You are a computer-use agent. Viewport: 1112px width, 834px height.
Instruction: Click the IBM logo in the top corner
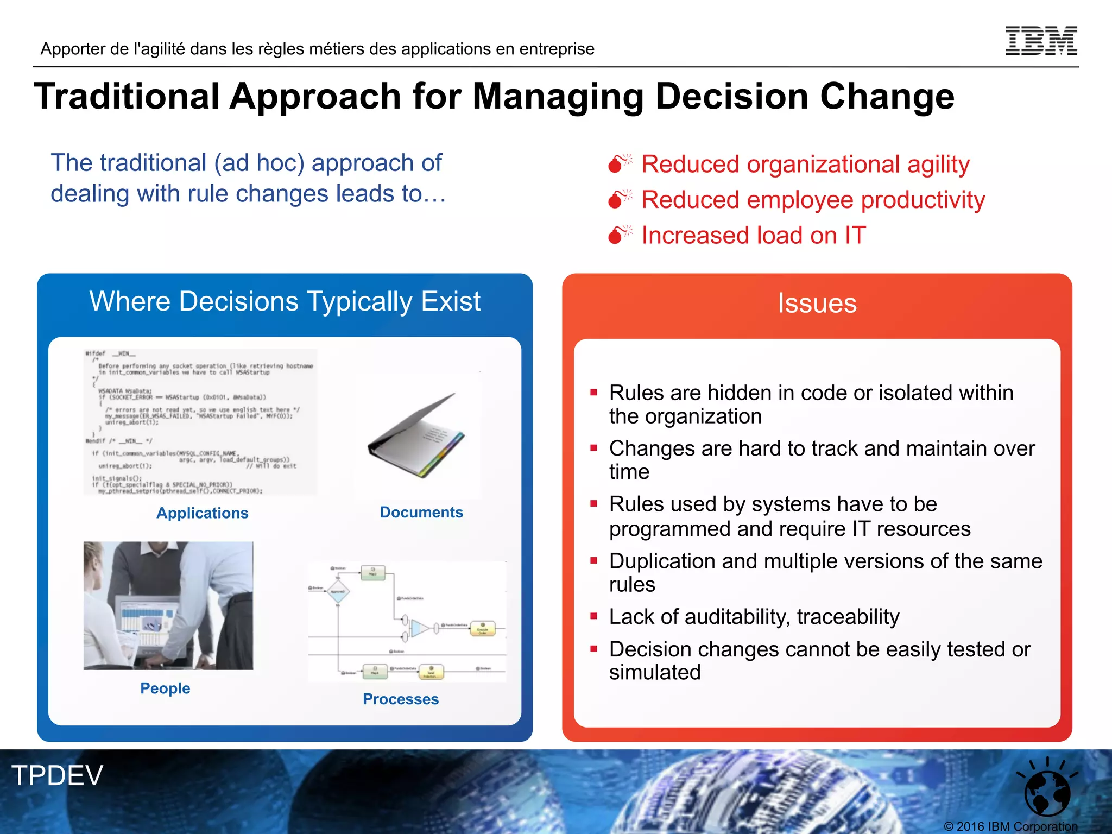click(x=1041, y=41)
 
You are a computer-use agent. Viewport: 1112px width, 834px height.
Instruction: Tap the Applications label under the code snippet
click(x=202, y=513)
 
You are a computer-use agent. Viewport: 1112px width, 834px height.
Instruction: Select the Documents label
click(x=421, y=512)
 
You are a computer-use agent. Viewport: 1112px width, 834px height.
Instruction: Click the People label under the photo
click(x=165, y=688)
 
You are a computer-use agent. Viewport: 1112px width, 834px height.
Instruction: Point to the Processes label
click(x=401, y=699)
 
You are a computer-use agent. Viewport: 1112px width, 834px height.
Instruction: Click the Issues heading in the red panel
click(x=817, y=303)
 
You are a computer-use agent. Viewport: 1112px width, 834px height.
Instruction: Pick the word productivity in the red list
click(x=923, y=200)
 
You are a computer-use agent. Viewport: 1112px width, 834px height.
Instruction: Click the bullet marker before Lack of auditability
click(x=594, y=616)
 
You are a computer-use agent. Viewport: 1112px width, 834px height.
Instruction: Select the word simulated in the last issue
click(x=655, y=672)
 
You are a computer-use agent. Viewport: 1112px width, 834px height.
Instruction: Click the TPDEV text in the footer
click(x=58, y=775)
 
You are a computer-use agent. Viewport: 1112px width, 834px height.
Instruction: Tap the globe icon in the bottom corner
click(x=1047, y=791)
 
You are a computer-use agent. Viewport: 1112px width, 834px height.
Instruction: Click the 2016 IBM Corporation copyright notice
click(x=1010, y=826)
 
